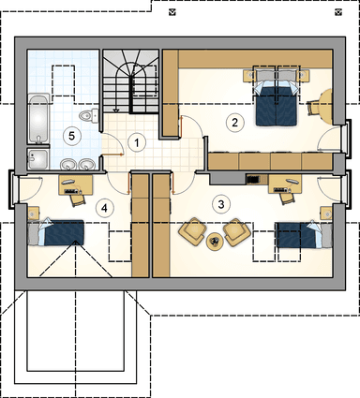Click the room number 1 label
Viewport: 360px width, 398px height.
click(138, 143)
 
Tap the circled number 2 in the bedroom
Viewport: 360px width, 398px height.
click(235, 121)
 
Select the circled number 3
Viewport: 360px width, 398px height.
click(221, 202)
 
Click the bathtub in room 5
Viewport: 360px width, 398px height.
click(37, 117)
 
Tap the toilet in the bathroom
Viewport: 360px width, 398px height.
click(87, 116)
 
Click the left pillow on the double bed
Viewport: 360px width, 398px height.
click(262, 80)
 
